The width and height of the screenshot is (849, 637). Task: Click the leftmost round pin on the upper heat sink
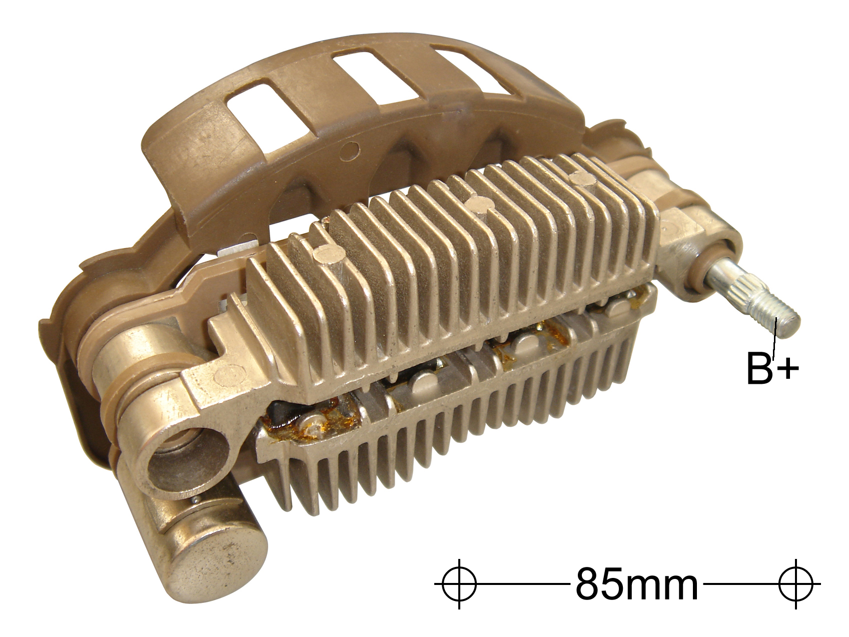[329, 254]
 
